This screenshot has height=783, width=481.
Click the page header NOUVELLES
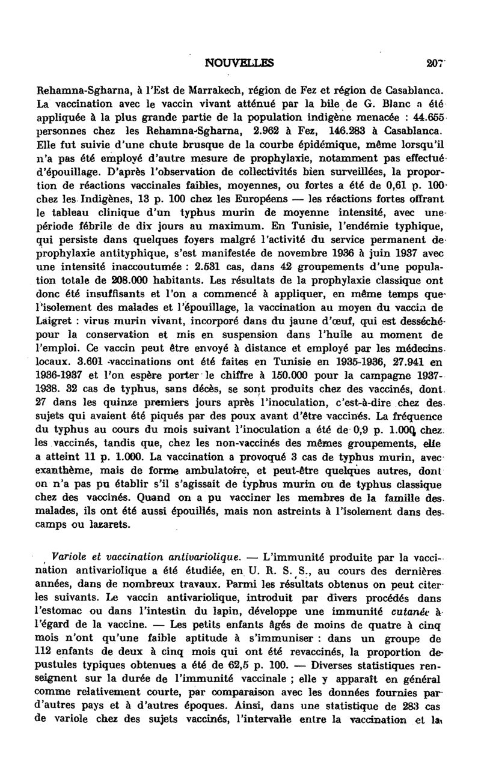239,61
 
